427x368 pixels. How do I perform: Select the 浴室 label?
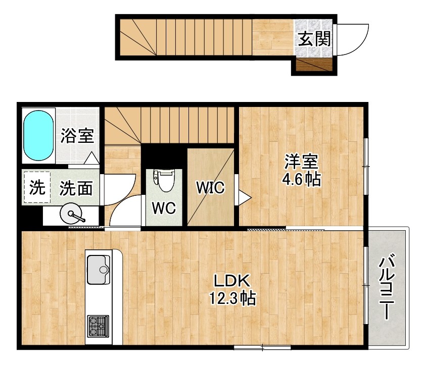[77, 136]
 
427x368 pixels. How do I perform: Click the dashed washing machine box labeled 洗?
[36, 188]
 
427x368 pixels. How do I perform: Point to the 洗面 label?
[76, 189]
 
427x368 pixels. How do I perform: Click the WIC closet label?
[210, 188]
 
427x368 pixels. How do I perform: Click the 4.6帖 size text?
[302, 180]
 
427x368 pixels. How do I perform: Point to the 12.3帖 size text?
[232, 298]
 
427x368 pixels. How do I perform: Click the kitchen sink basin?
[99, 270]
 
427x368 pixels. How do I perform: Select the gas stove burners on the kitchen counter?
[98, 326]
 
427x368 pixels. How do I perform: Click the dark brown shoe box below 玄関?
[314, 65]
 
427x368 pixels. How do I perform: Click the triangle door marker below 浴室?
[91, 159]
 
